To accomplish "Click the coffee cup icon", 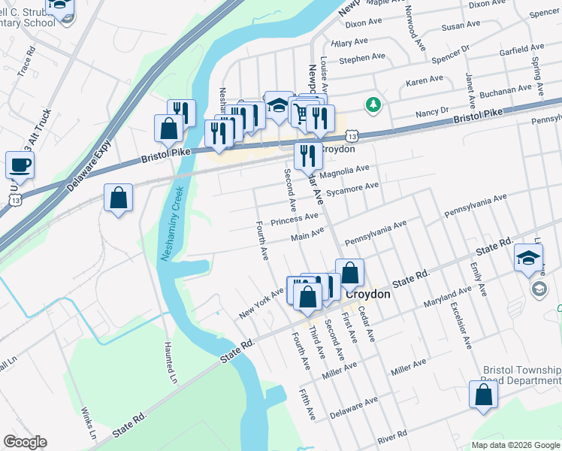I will click(x=20, y=165).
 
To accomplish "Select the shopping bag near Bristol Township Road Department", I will click(x=482, y=394).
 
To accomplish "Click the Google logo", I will click(x=26, y=442).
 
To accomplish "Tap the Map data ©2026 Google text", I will click(x=515, y=445).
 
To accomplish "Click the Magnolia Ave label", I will click(x=345, y=171).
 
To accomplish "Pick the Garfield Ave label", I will click(x=521, y=53).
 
